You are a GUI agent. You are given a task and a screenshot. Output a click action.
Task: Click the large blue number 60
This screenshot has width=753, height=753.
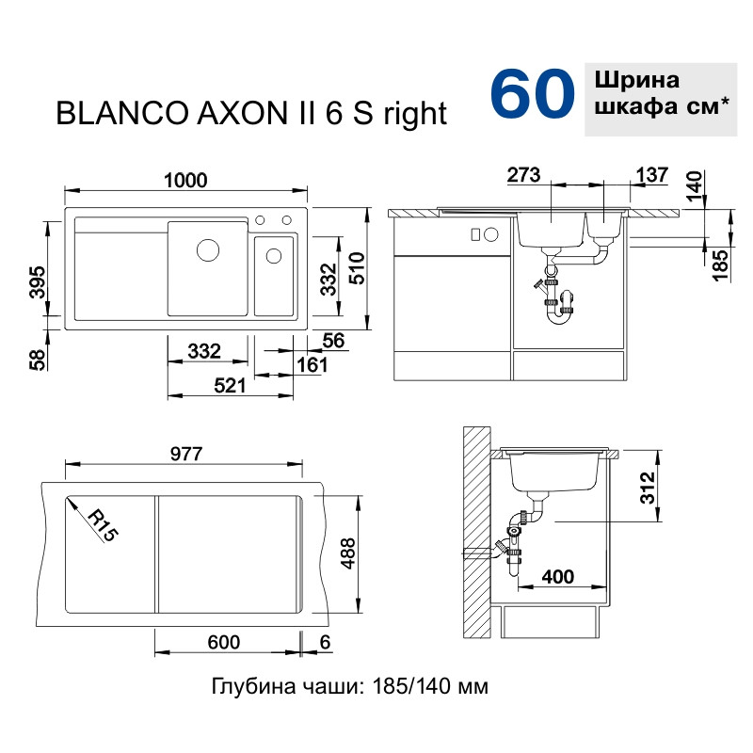tap(532, 93)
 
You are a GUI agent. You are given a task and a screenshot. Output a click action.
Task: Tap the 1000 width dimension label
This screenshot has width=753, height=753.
tap(185, 181)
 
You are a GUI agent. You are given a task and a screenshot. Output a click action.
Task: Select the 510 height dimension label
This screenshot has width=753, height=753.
tap(358, 268)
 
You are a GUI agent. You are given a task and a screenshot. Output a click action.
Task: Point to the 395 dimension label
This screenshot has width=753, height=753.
tap(37, 283)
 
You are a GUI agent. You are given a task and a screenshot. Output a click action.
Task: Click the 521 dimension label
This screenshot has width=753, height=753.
tap(230, 386)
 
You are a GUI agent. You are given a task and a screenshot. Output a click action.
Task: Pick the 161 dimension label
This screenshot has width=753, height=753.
tap(312, 365)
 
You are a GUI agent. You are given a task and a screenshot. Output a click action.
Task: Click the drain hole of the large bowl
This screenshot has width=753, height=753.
tap(208, 250)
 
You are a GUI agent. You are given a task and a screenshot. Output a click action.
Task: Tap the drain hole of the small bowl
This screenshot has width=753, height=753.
tap(274, 256)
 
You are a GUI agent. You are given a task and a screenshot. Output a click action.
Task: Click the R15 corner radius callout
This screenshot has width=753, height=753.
tap(103, 525)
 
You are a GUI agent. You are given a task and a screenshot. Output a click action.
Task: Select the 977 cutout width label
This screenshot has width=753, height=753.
tap(186, 454)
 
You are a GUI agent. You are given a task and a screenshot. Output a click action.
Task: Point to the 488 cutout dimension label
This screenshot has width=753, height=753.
tap(347, 553)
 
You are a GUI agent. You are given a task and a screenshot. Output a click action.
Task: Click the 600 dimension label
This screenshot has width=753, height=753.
tap(224, 642)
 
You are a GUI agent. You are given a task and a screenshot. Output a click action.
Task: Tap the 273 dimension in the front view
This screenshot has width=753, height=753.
tap(523, 175)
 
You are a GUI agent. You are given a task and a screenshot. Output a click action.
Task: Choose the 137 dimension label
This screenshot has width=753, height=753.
tap(651, 175)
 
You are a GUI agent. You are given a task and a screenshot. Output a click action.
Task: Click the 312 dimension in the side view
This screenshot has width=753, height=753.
tap(648, 488)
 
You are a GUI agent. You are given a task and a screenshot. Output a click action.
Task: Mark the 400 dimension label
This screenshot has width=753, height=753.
tap(558, 576)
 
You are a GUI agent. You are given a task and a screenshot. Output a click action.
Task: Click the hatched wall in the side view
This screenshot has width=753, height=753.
tap(476, 532)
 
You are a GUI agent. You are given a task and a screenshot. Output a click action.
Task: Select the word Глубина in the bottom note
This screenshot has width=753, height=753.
tap(254, 687)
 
